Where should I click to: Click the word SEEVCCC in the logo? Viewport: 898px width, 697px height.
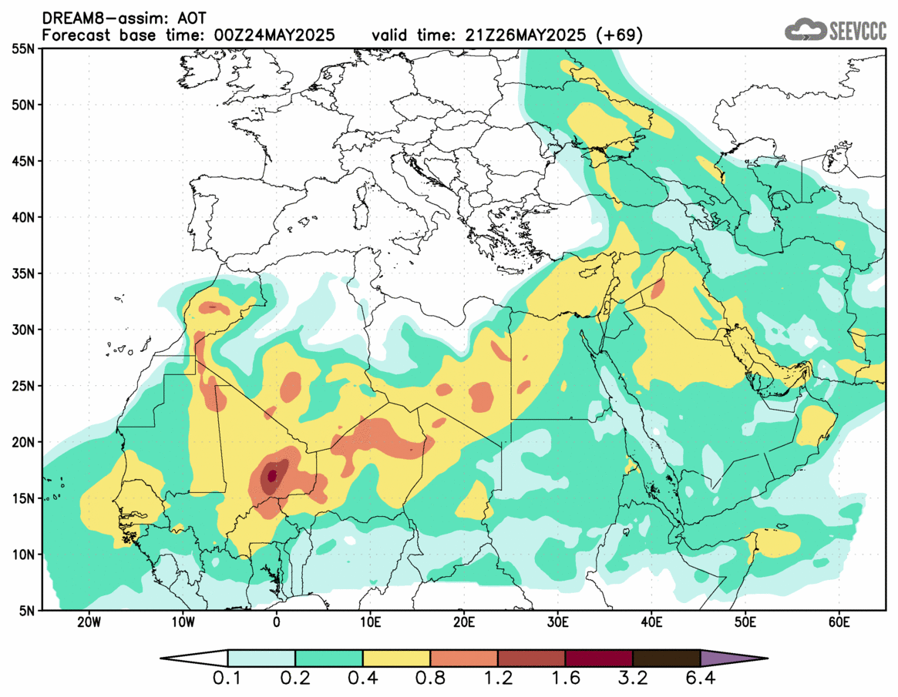pyautogui.click(x=858, y=31)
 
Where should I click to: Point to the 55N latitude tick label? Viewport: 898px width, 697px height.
pyautogui.click(x=25, y=49)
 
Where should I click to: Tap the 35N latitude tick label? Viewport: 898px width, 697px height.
pyautogui.click(x=25, y=273)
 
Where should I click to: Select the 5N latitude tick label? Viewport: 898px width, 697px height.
pyautogui.click(x=29, y=611)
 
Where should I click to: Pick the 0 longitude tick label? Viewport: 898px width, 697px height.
pyautogui.click(x=277, y=622)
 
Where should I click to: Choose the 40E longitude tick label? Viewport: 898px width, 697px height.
pyautogui.click(x=652, y=622)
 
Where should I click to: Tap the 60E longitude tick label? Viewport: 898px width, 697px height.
pyautogui.click(x=839, y=622)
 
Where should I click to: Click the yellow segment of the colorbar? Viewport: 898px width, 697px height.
pyautogui.click(x=396, y=658)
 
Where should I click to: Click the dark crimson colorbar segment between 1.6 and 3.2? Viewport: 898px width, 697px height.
pyautogui.click(x=599, y=658)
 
